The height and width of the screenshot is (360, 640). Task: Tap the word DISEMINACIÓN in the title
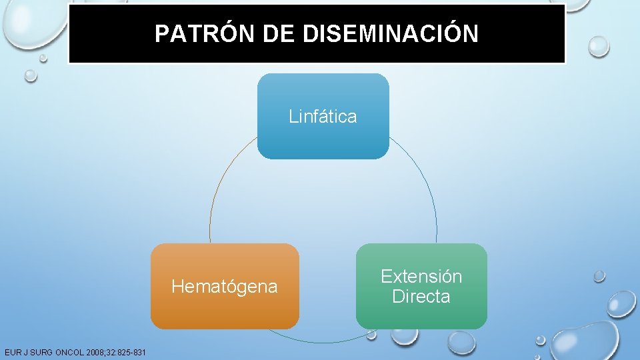point(390,34)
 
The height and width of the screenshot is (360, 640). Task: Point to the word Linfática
point(323,117)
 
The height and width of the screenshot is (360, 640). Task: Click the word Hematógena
point(225,287)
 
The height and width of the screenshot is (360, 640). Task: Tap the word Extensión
point(421,277)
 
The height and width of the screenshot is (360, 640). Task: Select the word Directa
point(421,297)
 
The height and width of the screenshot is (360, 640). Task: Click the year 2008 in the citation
point(93,352)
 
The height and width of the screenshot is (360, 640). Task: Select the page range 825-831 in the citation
point(131,352)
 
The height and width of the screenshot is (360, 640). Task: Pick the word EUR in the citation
point(11,352)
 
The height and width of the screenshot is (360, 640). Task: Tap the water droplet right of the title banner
point(598,45)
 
